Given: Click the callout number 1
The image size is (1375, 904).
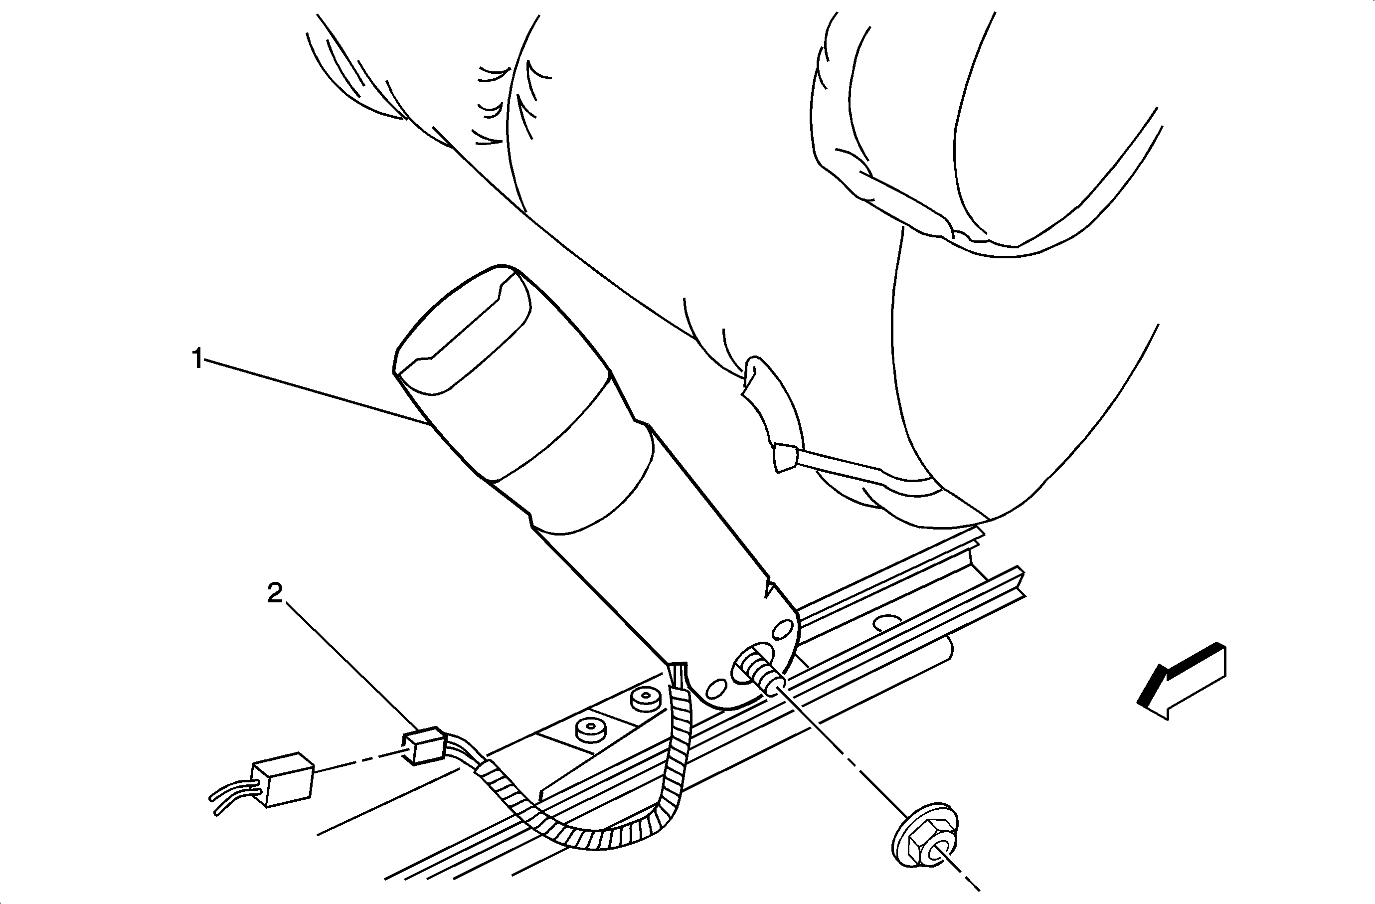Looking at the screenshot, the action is click(197, 360).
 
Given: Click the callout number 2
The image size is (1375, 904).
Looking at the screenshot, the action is click(275, 594).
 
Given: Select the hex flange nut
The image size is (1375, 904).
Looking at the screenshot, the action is click(925, 832).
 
